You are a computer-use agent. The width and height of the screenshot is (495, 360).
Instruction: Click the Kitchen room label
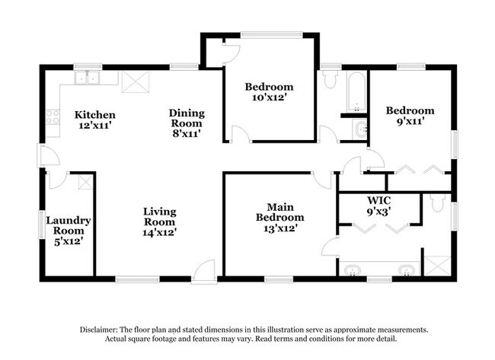point(95,115)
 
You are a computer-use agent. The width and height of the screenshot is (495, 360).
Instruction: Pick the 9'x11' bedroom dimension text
point(410,121)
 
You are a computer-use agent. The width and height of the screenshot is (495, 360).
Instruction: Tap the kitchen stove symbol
point(53,117)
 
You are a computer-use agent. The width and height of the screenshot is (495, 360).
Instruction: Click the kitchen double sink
point(90,77)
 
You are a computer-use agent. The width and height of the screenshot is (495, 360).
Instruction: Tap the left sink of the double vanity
point(353,270)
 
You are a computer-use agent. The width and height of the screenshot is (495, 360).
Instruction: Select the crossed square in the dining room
point(134,81)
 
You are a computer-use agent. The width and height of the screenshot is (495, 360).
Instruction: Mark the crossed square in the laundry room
point(86,182)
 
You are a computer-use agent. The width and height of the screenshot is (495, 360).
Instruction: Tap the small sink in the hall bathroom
point(360,129)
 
